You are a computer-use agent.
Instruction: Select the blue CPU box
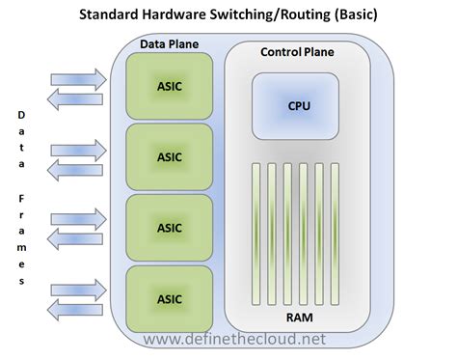point(292,104)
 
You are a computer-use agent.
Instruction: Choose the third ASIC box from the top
point(169,227)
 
